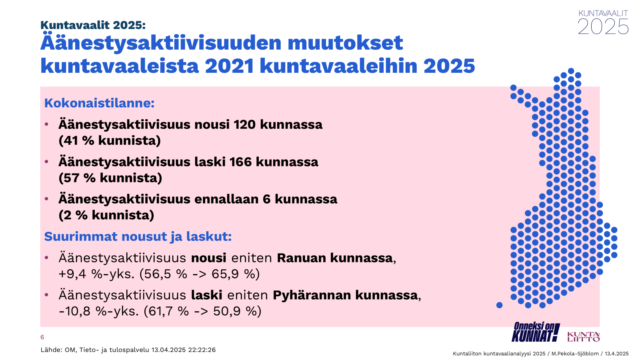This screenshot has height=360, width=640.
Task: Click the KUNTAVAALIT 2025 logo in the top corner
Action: click(603, 22)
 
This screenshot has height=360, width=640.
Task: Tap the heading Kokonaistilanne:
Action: click(99, 103)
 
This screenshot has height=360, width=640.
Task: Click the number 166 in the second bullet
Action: click(240, 162)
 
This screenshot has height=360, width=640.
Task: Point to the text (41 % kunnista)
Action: click(110, 140)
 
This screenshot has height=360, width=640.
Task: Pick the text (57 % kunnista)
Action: click(110, 178)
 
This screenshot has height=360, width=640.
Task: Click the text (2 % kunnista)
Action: click(106, 215)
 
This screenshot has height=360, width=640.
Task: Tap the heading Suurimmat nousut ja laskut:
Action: click(138, 236)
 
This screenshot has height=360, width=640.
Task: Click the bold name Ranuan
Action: click(302, 258)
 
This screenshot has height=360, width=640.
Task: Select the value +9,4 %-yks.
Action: click(96, 274)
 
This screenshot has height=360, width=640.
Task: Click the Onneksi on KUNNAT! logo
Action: click(535, 332)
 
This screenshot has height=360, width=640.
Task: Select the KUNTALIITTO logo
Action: click(584, 336)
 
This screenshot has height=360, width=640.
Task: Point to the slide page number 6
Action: click(42, 338)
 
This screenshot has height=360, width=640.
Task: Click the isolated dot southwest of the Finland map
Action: click(500, 305)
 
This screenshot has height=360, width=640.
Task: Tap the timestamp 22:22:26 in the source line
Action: click(202, 350)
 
